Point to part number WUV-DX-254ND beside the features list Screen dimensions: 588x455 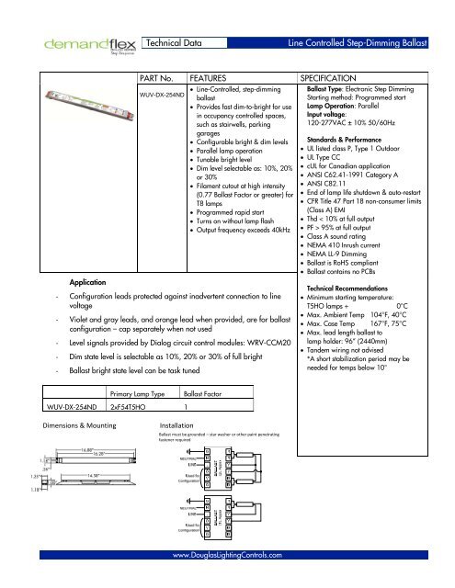tap(161, 95)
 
